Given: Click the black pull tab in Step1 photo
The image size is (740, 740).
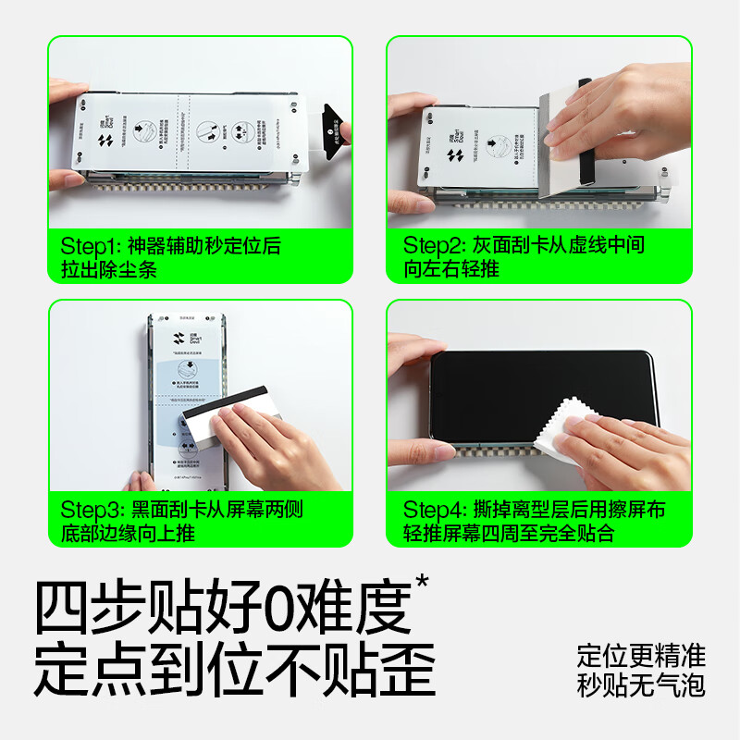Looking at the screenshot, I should coord(329,127).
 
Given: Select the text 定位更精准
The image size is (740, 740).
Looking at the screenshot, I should coord(641,657).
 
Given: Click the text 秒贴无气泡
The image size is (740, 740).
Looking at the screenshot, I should coord(641,685).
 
